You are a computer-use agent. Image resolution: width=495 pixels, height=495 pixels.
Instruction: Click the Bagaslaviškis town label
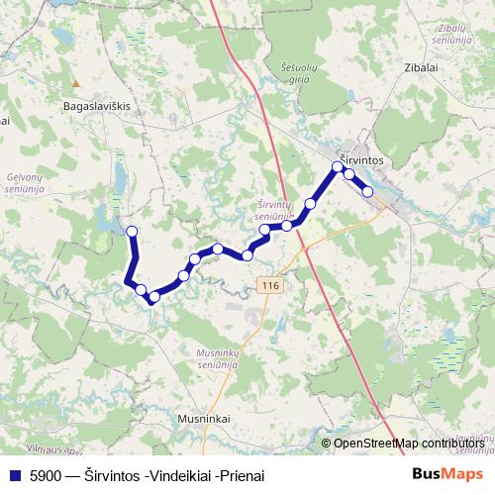(97, 103)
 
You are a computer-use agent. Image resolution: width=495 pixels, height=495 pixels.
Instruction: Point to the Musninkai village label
(204, 419)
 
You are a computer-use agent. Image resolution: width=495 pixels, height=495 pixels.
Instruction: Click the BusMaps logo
(446, 474)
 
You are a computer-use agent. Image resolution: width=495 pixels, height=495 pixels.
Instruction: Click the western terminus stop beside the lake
(131, 232)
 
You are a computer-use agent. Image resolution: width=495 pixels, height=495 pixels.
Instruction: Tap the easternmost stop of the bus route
(367, 191)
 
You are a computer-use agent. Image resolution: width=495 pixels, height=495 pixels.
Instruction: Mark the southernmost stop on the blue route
(153, 296)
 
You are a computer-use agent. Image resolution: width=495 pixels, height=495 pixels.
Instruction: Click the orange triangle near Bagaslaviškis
(73, 83)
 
